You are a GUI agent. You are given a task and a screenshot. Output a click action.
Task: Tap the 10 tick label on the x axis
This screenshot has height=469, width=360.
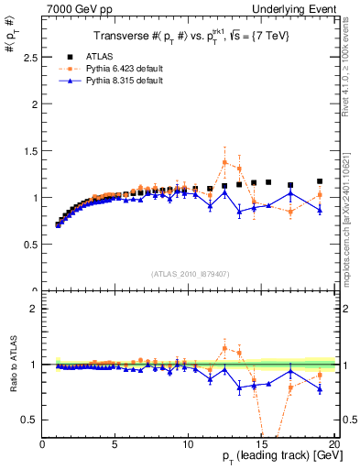189,445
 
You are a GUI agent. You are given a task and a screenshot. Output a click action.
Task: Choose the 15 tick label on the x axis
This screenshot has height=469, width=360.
262,445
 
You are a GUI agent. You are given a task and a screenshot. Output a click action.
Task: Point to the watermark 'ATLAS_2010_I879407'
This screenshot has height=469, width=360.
189,273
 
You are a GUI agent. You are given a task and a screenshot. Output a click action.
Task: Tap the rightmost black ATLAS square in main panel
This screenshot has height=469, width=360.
320,181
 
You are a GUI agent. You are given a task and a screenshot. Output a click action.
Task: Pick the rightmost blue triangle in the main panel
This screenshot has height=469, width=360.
320,210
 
